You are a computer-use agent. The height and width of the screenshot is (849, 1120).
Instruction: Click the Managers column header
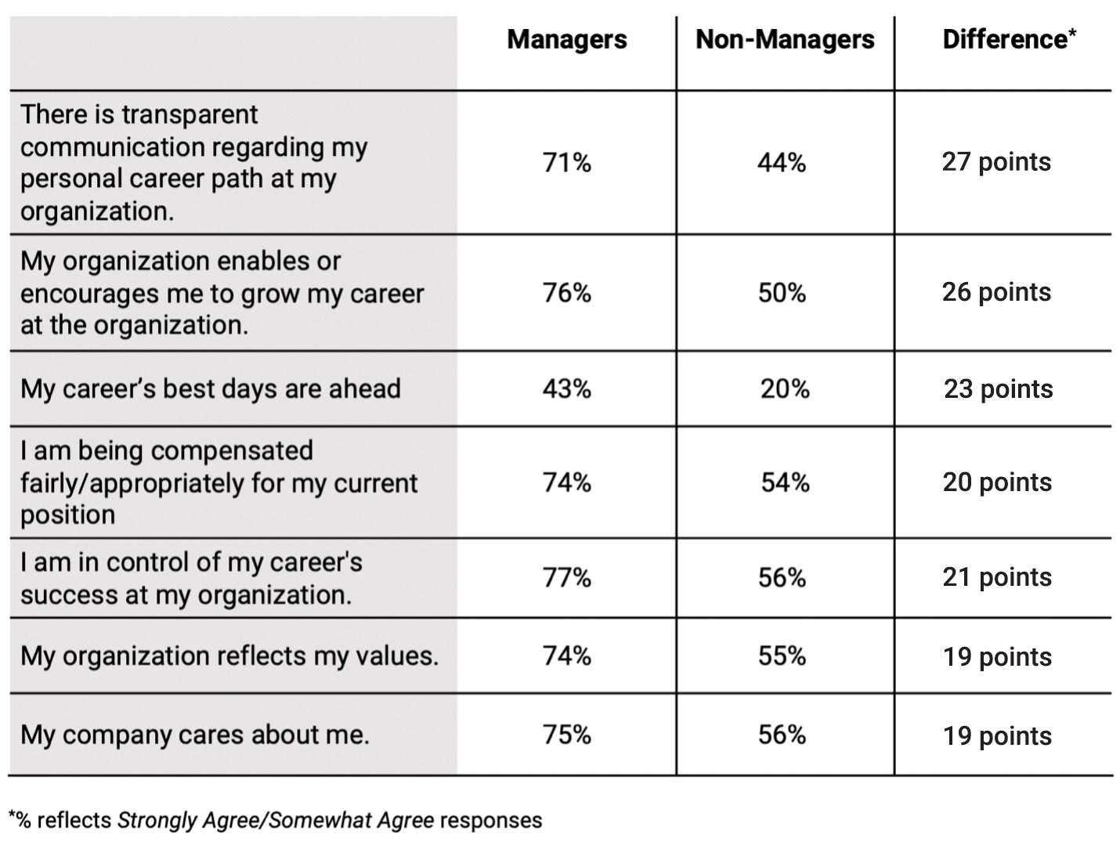pos(566,40)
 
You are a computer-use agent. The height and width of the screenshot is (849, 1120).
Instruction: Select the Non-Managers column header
pos(785,40)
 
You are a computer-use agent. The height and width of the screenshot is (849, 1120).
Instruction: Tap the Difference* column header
pos(1009,39)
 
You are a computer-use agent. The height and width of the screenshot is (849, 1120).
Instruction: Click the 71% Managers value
pos(566,162)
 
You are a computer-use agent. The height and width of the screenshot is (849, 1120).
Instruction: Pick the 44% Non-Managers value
pos(782,162)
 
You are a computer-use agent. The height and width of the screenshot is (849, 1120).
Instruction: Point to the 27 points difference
pos(996,162)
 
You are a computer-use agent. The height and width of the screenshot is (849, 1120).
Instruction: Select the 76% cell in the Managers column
pos(566,292)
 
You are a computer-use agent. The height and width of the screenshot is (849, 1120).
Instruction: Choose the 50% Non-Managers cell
pos(782,292)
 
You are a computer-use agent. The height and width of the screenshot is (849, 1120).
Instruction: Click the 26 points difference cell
pos(996,292)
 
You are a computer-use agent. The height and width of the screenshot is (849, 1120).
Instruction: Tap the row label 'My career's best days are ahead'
pos(211,388)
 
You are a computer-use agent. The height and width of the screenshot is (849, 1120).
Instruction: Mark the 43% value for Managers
pos(566,388)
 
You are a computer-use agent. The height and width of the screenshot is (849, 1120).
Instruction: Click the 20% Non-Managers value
pos(785,388)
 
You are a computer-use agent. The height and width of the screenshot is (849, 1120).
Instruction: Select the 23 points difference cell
pos(998,388)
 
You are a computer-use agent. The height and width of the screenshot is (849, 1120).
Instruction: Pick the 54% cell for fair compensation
pos(785,482)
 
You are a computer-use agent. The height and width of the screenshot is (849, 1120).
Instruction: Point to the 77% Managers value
pos(566,577)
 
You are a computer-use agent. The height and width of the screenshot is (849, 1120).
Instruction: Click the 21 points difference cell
pos(997,577)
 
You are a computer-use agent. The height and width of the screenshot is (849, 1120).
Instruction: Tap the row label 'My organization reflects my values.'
pos(229,656)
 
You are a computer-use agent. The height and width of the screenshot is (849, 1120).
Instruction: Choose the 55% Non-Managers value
pos(782,656)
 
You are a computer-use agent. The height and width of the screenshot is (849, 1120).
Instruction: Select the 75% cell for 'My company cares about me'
pos(566,735)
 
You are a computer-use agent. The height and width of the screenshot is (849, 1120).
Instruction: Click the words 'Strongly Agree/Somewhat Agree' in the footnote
pos(275,820)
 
